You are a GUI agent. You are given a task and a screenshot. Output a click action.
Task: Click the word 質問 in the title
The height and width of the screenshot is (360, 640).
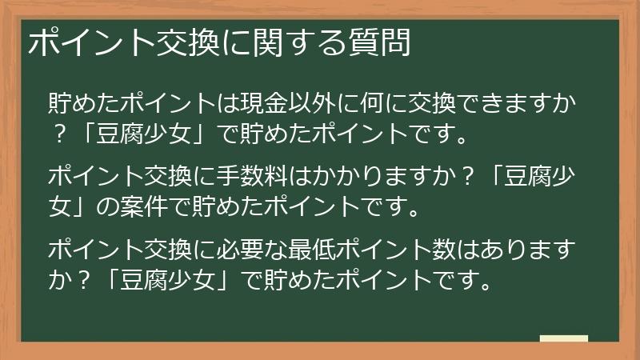point(383,43)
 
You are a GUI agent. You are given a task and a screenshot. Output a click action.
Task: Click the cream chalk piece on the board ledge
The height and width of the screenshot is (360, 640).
point(563,339)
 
